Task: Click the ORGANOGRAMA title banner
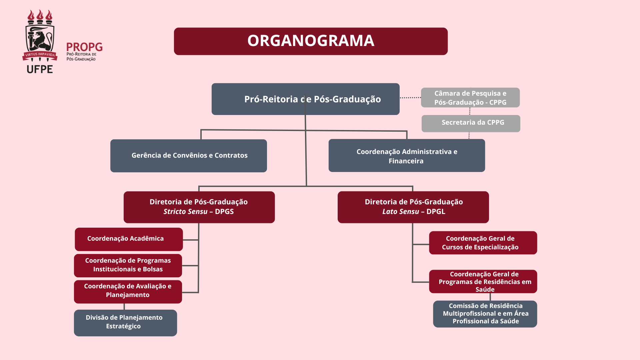[x=311, y=41]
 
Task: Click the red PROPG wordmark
[x=84, y=47]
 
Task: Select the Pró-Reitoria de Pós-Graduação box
[x=305, y=99]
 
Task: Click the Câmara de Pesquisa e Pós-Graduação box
[x=470, y=98]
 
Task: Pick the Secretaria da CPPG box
[x=471, y=123]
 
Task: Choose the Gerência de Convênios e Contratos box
[x=189, y=156]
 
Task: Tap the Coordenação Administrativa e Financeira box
[x=407, y=156]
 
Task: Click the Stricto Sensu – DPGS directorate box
[x=199, y=207]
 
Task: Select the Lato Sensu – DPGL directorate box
[x=413, y=207]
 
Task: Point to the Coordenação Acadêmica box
[x=129, y=239]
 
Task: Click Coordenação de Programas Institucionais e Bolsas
[x=128, y=265]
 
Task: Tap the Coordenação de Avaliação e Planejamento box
[x=128, y=291]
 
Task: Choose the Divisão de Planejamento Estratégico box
[x=125, y=323]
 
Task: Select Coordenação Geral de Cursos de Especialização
[x=483, y=243]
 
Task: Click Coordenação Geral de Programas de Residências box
[x=483, y=281]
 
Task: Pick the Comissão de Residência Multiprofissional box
[x=485, y=314]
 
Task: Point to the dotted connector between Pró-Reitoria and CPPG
[x=410, y=98]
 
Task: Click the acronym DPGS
[x=224, y=212]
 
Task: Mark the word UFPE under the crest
[x=40, y=69]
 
